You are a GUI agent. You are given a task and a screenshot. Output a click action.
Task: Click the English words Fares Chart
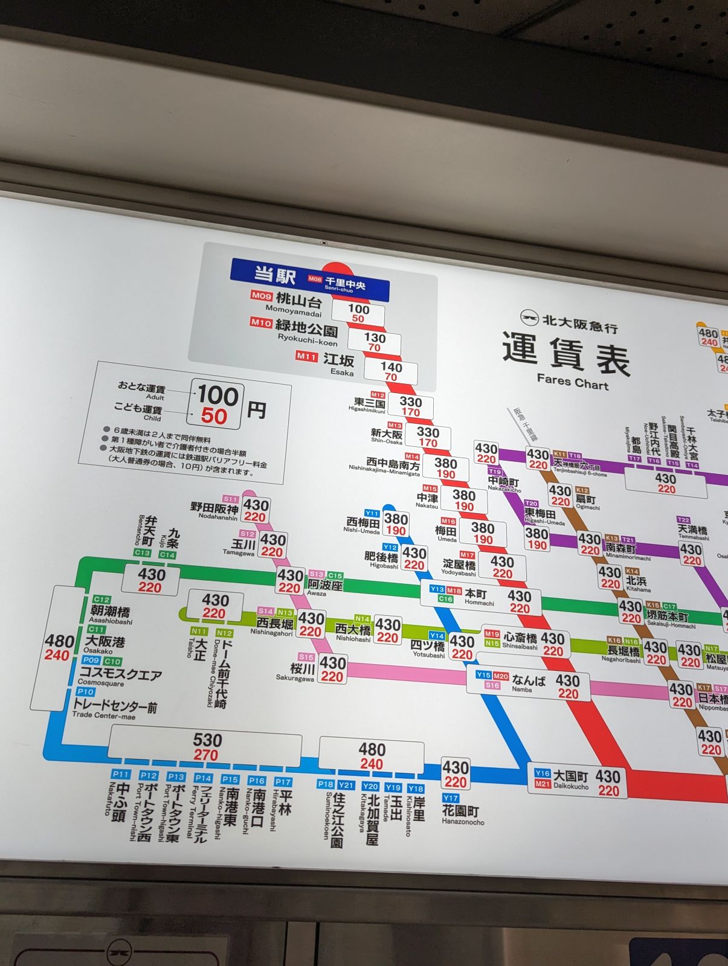click(572, 382)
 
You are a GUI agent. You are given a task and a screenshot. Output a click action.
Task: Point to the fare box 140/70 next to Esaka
click(391, 371)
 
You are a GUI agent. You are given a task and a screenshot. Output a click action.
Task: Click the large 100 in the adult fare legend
click(217, 395)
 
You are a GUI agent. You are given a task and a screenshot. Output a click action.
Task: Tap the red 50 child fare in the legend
click(214, 417)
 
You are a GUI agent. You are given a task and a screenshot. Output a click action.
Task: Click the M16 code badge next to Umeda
click(448, 521)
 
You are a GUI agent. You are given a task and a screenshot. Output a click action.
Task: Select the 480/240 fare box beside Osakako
click(59, 647)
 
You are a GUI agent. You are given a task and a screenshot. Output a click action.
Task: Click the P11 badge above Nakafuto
click(121, 774)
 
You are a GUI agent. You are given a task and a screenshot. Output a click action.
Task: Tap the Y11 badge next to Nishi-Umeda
click(372, 513)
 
